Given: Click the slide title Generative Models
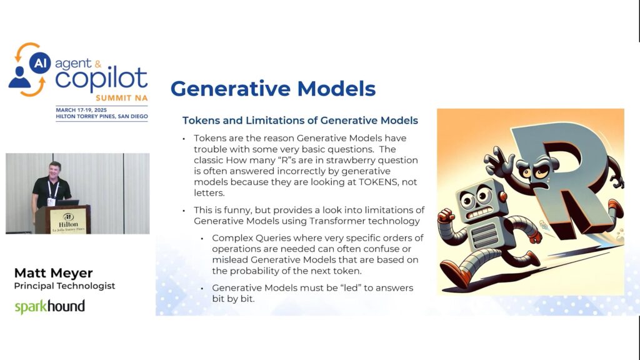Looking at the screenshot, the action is click(x=272, y=89).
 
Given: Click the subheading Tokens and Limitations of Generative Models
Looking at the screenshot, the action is click(x=300, y=121).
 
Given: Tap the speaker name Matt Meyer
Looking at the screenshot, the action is click(x=54, y=273).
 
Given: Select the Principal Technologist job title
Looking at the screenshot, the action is click(x=64, y=286).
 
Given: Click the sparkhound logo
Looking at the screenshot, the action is click(x=50, y=306).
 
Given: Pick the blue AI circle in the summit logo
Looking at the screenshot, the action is click(x=40, y=63).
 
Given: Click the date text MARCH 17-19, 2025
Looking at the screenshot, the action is click(x=81, y=110).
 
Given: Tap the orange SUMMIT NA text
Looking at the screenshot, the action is click(x=122, y=98).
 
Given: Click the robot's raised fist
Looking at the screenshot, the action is click(x=446, y=215).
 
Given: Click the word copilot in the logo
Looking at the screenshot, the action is click(x=101, y=78).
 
